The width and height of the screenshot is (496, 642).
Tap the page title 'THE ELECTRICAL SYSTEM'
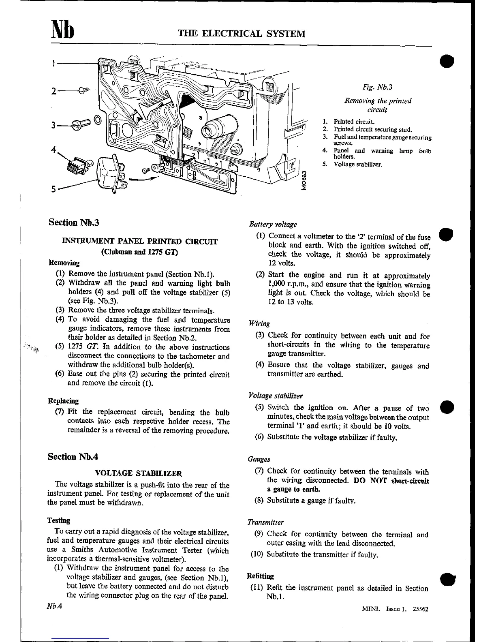tap(242, 34)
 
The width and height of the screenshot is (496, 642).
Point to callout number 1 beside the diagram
tap(53, 63)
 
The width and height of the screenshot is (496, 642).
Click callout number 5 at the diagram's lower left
tap(53, 189)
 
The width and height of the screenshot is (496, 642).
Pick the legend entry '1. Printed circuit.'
tap(348, 122)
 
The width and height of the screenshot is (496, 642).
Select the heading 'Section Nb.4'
tap(73, 457)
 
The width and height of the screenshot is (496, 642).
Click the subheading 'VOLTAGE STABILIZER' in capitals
tap(138, 473)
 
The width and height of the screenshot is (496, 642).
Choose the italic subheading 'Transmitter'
tap(265, 522)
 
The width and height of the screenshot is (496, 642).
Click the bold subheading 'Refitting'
tap(260, 576)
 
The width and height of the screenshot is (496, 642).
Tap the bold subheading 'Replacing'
tap(63, 401)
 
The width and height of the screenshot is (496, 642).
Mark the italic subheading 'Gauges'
tap(259, 460)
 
